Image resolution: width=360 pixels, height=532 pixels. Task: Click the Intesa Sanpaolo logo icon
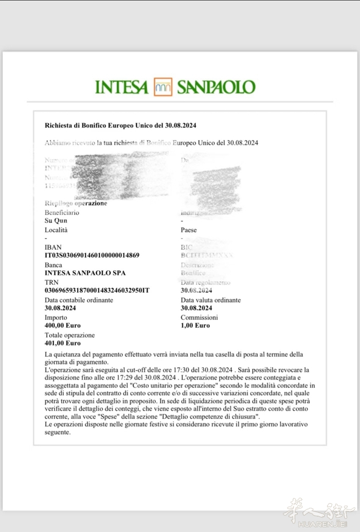click(163, 87)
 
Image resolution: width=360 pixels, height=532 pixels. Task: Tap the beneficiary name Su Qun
click(56, 221)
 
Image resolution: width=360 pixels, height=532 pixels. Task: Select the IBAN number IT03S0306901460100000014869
click(92, 256)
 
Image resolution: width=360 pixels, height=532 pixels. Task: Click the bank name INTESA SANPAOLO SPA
click(85, 273)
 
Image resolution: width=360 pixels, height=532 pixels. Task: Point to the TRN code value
click(97, 291)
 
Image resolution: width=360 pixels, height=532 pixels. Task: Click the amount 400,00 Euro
click(63, 326)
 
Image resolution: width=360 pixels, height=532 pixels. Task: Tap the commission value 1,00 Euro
click(195, 326)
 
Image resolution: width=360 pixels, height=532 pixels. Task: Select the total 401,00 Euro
click(63, 343)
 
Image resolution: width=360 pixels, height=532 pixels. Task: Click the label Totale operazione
click(70, 335)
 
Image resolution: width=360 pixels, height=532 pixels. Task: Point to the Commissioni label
click(199, 318)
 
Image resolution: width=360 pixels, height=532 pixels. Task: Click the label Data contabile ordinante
click(79, 300)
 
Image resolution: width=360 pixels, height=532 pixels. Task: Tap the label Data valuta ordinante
click(211, 300)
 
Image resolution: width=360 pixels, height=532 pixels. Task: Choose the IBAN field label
click(53, 247)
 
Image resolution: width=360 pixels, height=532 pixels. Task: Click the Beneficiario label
click(62, 212)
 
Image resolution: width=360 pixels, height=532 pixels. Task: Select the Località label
click(56, 230)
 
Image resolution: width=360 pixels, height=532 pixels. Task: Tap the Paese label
click(189, 230)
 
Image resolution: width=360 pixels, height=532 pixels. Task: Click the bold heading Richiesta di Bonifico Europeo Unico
click(121, 125)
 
